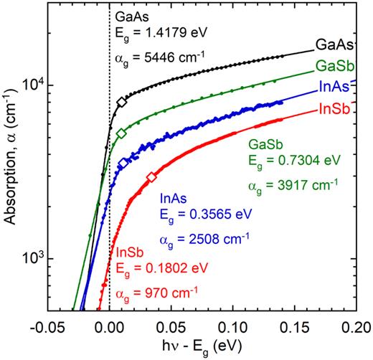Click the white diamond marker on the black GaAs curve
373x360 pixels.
point(122,103)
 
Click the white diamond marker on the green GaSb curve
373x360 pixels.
point(122,133)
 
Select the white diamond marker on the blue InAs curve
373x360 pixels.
point(123,164)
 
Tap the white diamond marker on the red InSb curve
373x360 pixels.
point(151,177)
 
